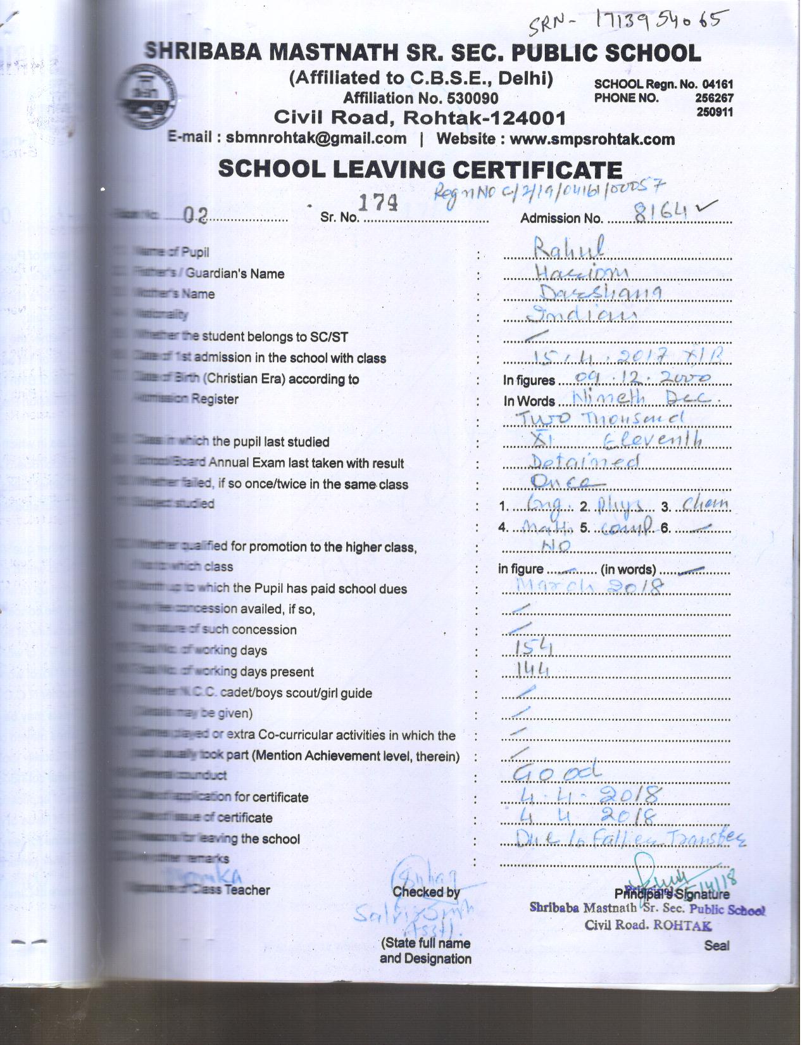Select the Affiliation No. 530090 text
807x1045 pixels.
[420, 98]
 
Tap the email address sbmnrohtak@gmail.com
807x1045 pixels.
[316, 139]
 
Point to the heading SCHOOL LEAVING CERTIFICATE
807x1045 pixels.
[420, 170]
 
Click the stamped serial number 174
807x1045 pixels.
[378, 203]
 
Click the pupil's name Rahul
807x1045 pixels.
[568, 248]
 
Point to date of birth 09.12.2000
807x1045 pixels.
[641, 378]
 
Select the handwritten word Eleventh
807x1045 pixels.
[652, 438]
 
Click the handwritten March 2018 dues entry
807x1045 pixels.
[589, 586]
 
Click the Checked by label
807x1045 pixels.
[426, 892]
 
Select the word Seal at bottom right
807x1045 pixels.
[716, 946]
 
